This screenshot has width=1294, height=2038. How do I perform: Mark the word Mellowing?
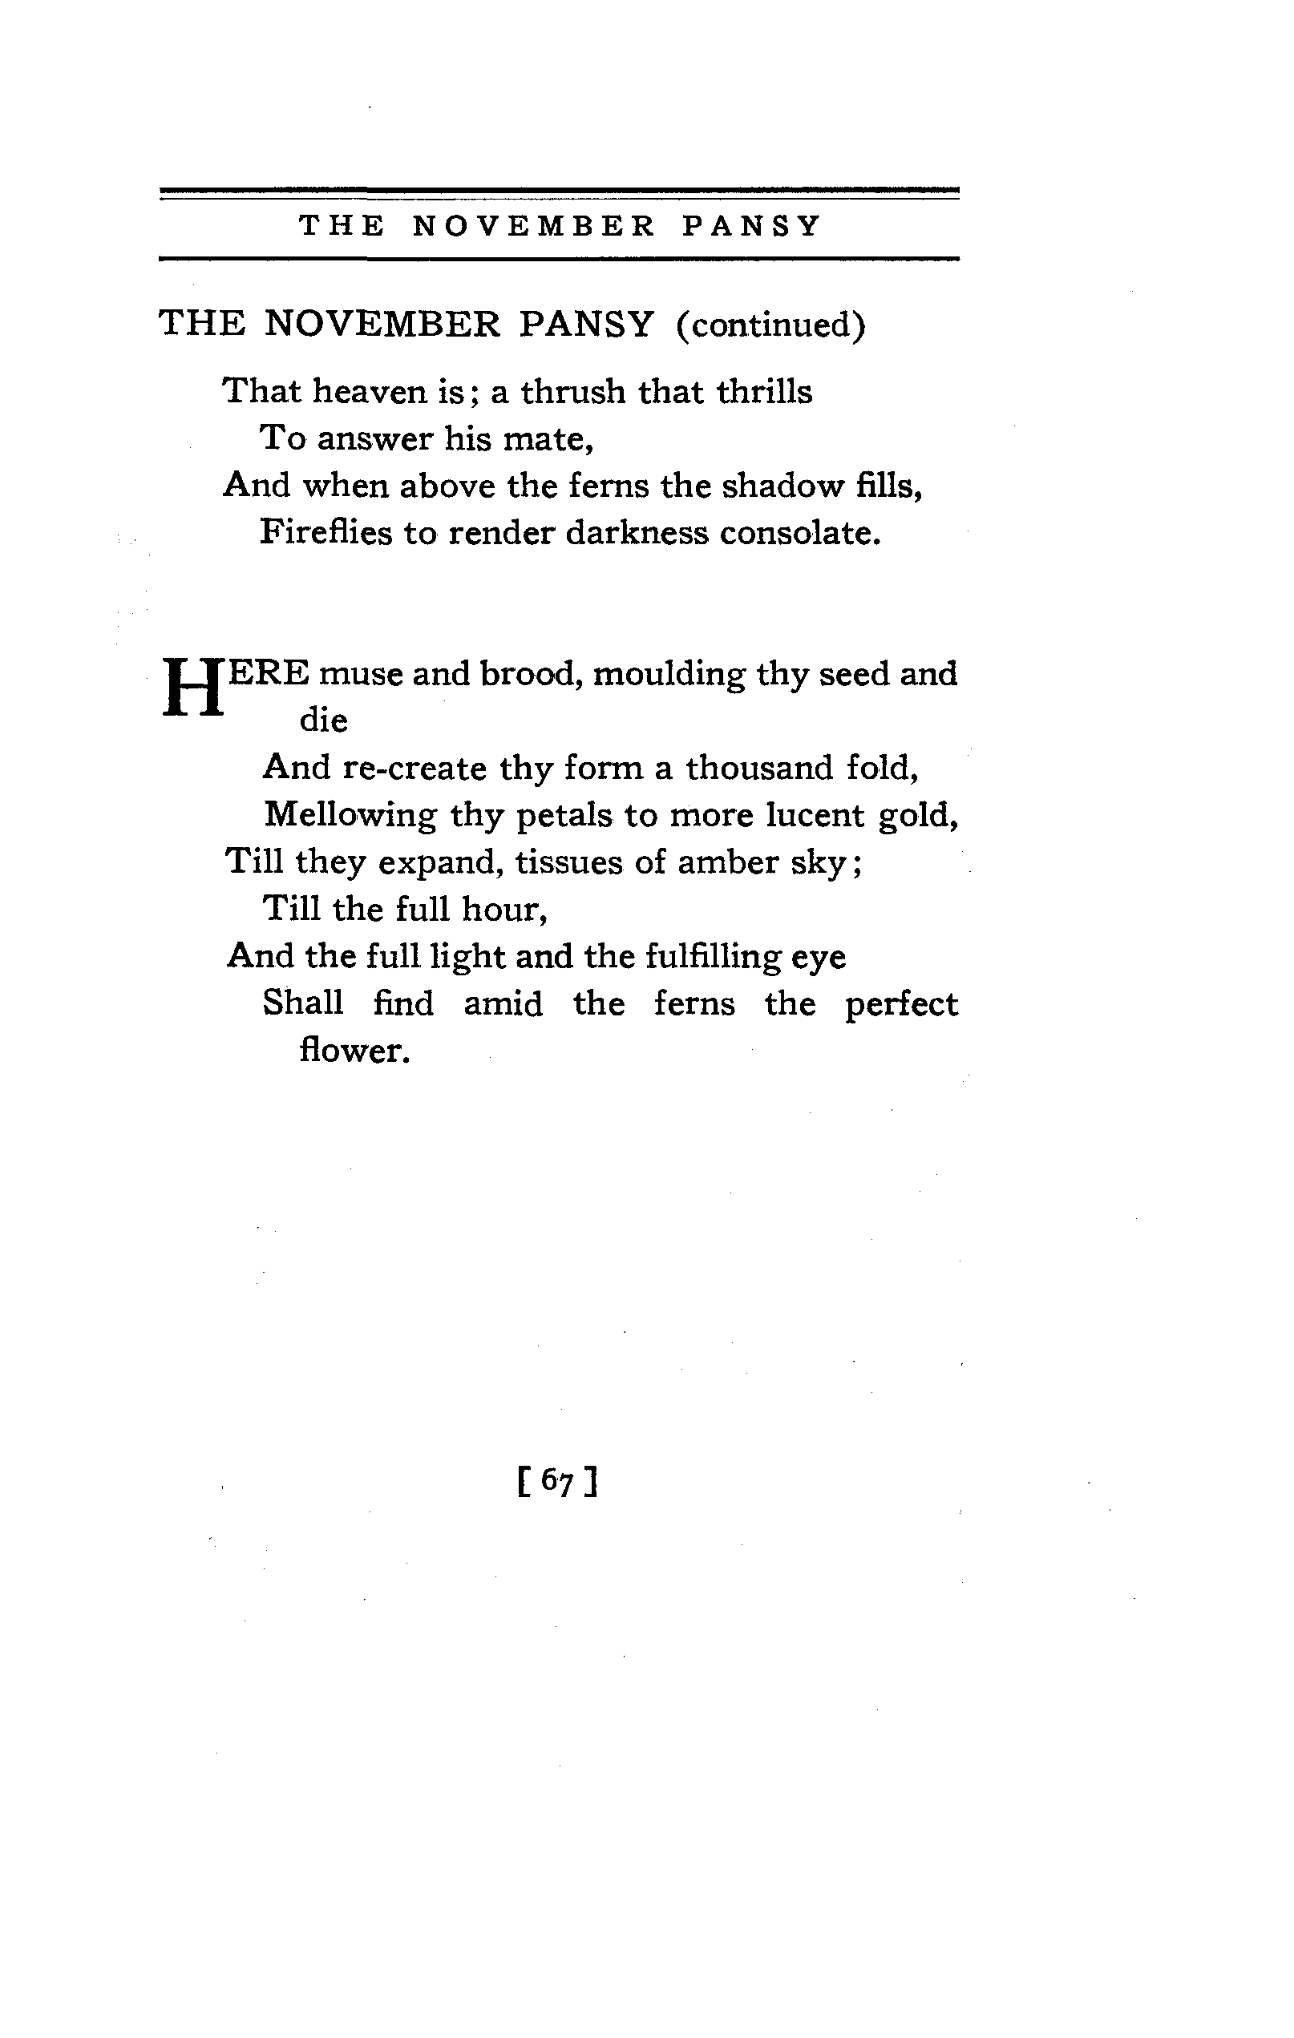pyautogui.click(x=350, y=815)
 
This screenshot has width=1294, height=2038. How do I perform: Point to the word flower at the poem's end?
pyautogui.click(x=354, y=1051)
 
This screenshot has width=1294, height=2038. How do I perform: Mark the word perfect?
pyautogui.click(x=901, y=1005)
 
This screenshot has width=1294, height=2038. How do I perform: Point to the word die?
pyautogui.click(x=324, y=721)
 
